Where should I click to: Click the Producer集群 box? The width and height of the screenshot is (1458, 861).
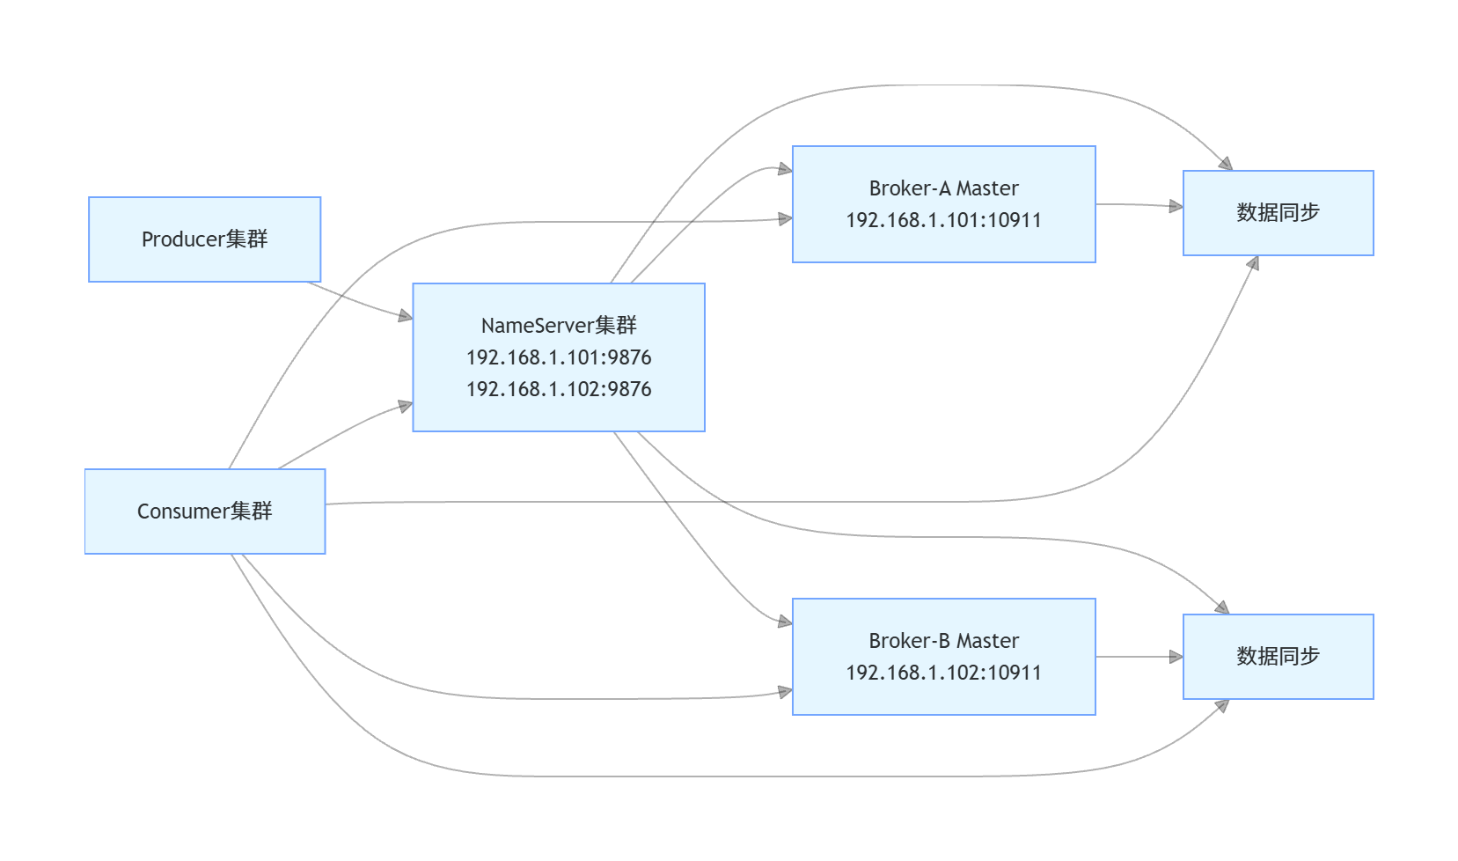[x=204, y=239]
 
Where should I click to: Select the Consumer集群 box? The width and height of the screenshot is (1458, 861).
[x=204, y=511]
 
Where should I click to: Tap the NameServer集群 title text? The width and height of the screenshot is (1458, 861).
[x=559, y=326]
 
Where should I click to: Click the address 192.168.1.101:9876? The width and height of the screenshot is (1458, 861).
[x=559, y=357]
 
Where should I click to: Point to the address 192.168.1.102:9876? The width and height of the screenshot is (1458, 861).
[x=559, y=389]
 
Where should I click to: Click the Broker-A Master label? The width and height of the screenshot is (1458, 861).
[x=943, y=188]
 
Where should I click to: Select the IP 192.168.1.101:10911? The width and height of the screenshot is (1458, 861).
[x=943, y=220]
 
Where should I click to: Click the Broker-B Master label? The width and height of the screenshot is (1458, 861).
[x=943, y=641]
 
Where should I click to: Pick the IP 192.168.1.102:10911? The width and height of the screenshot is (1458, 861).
[x=943, y=673]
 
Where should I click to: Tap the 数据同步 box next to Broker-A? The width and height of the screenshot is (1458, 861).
[x=1278, y=213]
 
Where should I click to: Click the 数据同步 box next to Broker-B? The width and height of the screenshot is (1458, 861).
[x=1278, y=657]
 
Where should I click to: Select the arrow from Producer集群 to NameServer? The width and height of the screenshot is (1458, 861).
[x=361, y=301]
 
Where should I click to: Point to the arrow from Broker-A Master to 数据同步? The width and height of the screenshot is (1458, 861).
[x=1139, y=205]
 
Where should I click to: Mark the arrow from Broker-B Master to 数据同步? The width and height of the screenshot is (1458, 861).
[x=1139, y=657]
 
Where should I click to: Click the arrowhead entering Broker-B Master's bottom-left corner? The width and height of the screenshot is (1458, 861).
[x=785, y=692]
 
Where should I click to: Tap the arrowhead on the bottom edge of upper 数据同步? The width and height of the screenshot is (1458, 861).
[x=1253, y=263]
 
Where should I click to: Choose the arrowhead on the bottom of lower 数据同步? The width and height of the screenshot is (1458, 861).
[x=1221, y=705]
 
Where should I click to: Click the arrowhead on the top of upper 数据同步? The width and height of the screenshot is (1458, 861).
[x=1225, y=164]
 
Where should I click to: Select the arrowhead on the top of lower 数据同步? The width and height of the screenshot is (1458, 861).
[x=1221, y=607]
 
